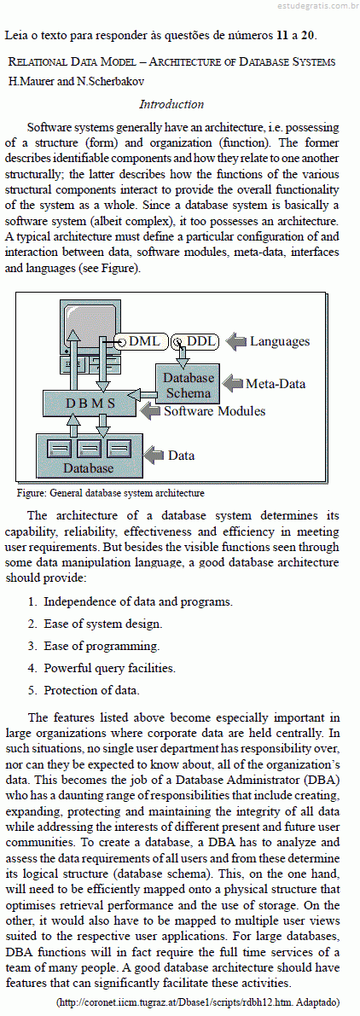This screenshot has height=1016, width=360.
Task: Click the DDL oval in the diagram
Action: click(x=195, y=341)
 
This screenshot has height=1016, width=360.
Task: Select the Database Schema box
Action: click(x=188, y=385)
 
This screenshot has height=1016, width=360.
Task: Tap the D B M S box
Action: click(x=90, y=403)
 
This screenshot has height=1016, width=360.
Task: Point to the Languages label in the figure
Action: click(x=280, y=341)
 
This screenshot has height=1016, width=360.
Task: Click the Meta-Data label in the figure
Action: click(x=276, y=384)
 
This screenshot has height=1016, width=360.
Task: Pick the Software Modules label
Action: click(x=214, y=411)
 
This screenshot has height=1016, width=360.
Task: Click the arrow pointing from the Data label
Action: click(x=154, y=456)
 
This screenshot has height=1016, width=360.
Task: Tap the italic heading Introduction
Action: click(x=171, y=104)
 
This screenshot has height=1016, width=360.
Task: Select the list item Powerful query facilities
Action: click(x=109, y=668)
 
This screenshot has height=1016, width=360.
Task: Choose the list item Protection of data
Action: click(x=91, y=691)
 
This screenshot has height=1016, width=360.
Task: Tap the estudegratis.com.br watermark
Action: click(x=314, y=7)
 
